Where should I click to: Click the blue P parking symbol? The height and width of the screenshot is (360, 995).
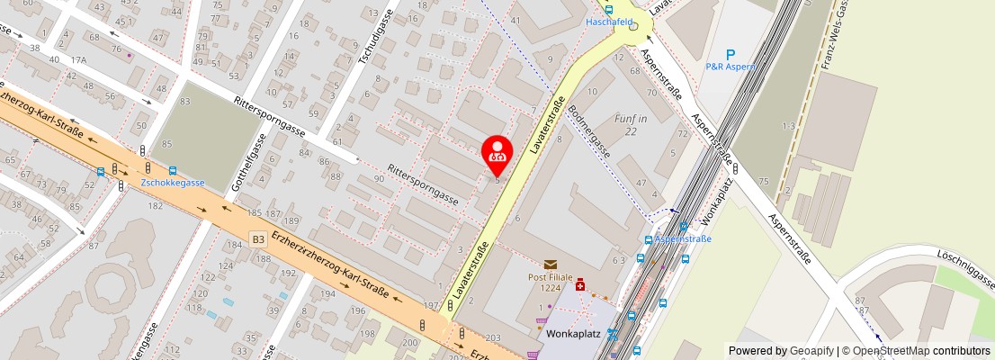pos(731,55)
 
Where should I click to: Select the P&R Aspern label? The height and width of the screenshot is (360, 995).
pos(731,67)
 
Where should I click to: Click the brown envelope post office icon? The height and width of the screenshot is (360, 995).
pos(550,264)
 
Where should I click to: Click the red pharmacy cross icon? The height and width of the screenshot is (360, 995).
pos(580,285)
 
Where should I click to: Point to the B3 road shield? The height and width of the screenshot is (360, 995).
pos(258,239)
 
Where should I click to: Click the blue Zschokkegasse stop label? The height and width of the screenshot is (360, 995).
pos(173,183)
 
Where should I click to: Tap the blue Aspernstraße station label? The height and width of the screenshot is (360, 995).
pos(683,239)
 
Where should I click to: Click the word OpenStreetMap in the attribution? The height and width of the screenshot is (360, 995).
pos(889,351)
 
